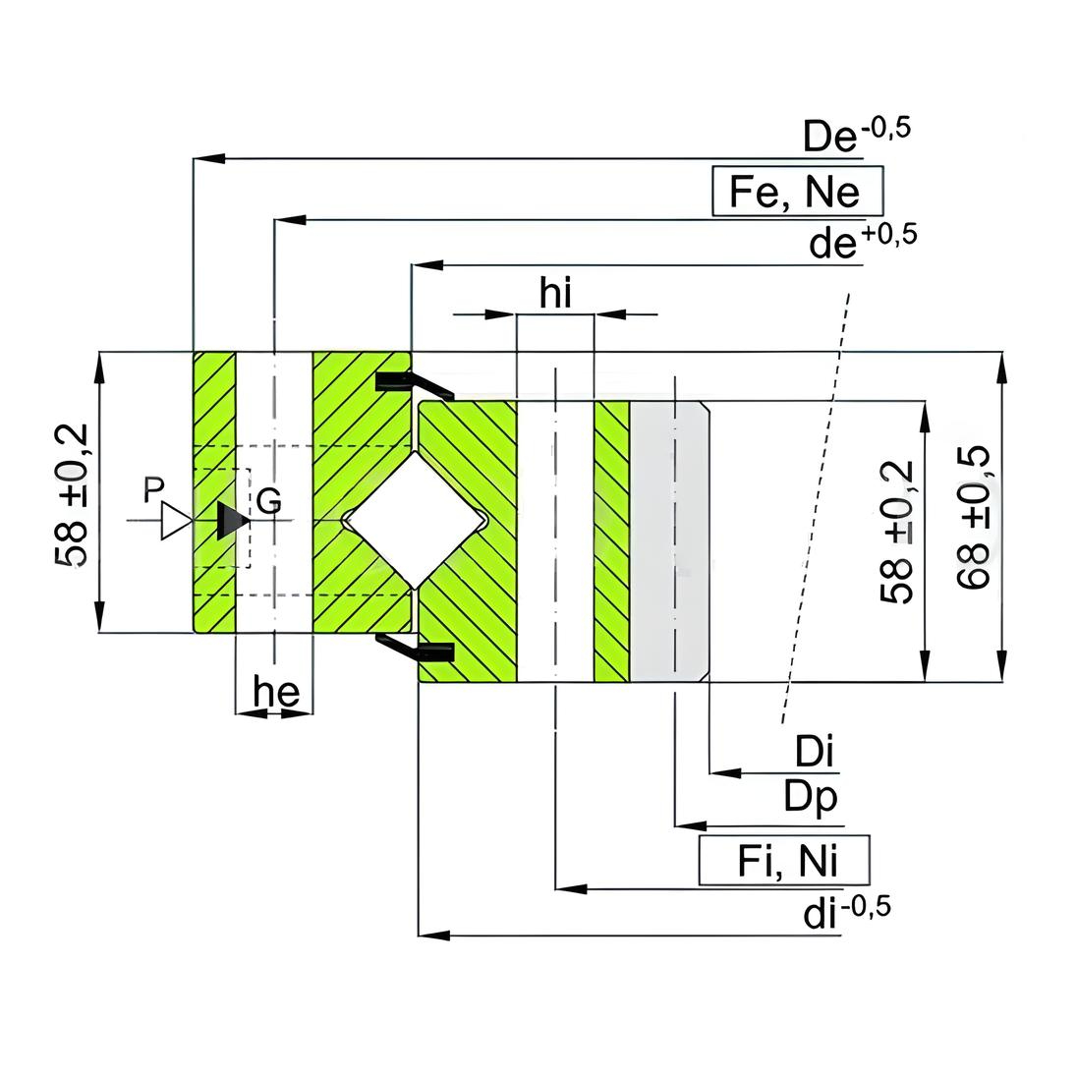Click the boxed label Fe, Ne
tap(798, 191)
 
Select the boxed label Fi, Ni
tap(784, 861)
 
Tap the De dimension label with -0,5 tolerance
tap(857, 135)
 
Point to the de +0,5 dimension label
tap(863, 242)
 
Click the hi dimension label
tap(555, 293)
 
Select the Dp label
tap(811, 798)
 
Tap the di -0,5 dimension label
tap(847, 912)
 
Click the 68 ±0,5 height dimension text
tap(973, 517)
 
